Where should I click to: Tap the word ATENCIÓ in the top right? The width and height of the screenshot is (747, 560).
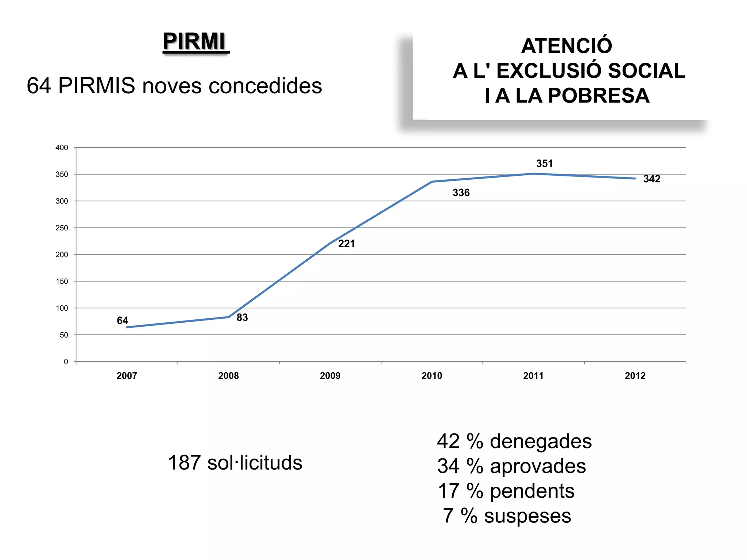(x=566, y=46)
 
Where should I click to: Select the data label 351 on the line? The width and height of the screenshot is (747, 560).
(x=544, y=164)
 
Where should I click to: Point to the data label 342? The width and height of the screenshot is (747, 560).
(x=651, y=179)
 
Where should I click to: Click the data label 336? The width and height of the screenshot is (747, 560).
(x=461, y=193)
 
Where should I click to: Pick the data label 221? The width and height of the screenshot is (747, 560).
(x=346, y=244)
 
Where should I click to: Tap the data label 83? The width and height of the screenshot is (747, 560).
(x=242, y=318)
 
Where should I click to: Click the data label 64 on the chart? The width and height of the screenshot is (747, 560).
(x=122, y=321)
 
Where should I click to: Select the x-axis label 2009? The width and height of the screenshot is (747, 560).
(x=330, y=376)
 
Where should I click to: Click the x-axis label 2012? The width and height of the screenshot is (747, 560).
(x=635, y=376)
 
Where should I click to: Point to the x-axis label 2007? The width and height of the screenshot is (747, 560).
(x=127, y=376)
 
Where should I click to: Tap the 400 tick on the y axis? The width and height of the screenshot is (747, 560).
(x=62, y=148)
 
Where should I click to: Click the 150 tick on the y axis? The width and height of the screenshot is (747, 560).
(x=62, y=281)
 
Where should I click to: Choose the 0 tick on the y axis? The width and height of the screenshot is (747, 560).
(x=66, y=362)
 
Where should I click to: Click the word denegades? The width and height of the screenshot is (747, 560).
(x=541, y=442)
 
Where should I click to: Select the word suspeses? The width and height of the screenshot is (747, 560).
(x=527, y=516)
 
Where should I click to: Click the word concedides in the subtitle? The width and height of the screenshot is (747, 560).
(x=265, y=86)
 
